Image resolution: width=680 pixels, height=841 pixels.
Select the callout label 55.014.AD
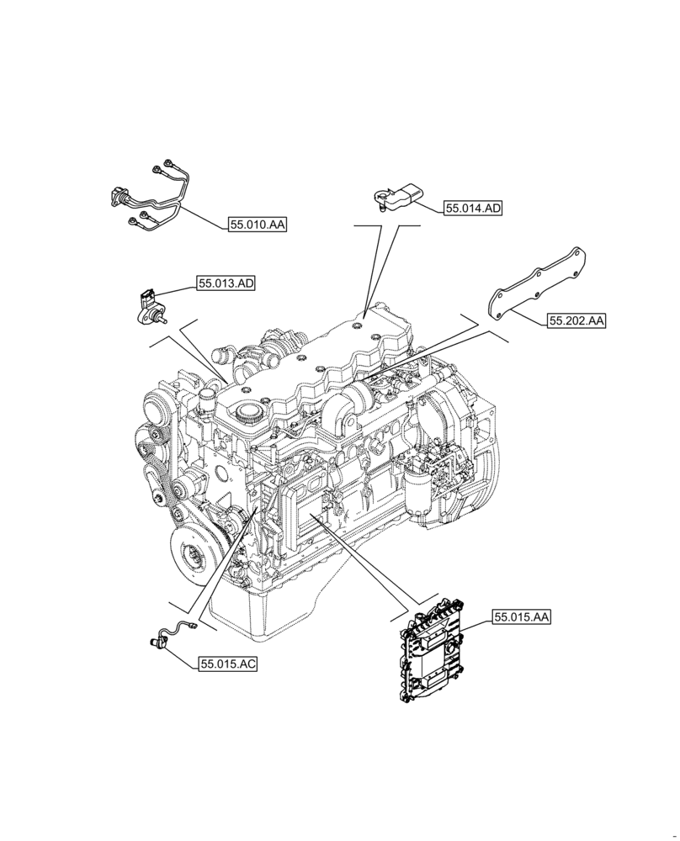473,209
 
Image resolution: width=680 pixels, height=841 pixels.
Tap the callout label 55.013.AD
226,284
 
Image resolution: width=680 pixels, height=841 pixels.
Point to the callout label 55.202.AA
577,320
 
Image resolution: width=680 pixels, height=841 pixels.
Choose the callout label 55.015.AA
522,617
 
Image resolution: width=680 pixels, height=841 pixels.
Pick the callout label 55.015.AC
228,664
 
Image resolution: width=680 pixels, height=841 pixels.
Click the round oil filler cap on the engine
247,412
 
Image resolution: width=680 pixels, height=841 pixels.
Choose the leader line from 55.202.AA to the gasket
530,314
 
